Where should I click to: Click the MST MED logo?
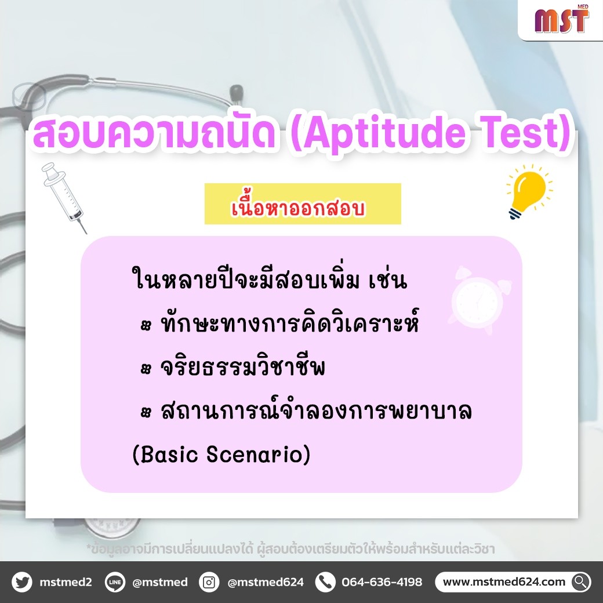coord(562,19)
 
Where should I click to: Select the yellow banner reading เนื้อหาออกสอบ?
coord(303,204)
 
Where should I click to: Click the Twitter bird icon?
coord(22,582)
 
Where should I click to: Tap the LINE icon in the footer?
coord(115,582)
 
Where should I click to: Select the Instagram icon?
coord(209,582)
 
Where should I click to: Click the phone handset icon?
coord(325,582)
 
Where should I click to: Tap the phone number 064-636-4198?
coord(382,582)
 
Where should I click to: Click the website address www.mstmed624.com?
coord(504,582)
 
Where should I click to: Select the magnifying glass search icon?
coord(581,582)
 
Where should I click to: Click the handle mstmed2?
coord(66,582)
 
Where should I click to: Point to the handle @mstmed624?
coord(266,582)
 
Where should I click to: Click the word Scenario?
coord(258,454)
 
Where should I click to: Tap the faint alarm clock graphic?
coord(479,299)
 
